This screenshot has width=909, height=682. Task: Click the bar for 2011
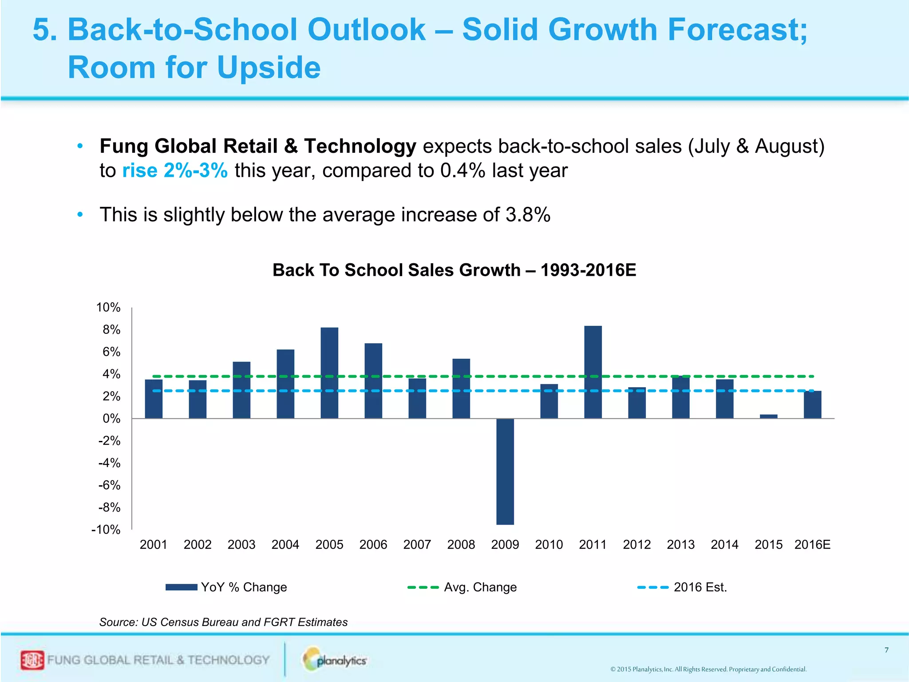[593, 372]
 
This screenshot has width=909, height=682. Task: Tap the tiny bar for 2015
[768, 416]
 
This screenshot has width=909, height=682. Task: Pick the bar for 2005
[329, 373]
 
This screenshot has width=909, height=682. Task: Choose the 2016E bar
[812, 404]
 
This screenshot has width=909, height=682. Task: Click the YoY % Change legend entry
[226, 587]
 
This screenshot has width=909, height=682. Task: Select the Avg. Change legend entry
[462, 587]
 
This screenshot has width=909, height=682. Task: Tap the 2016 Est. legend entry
[682, 587]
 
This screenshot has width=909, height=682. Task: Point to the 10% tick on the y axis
[108, 307]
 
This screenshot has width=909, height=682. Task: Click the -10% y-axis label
[106, 529]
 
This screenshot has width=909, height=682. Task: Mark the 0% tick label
[111, 418]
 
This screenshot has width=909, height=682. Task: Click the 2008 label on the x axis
[461, 544]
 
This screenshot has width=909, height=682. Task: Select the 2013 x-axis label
[680, 544]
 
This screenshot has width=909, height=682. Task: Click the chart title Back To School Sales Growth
[454, 270]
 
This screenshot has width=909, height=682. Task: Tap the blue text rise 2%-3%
[175, 170]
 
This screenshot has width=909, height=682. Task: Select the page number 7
[886, 650]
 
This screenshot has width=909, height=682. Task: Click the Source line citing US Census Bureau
[223, 622]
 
